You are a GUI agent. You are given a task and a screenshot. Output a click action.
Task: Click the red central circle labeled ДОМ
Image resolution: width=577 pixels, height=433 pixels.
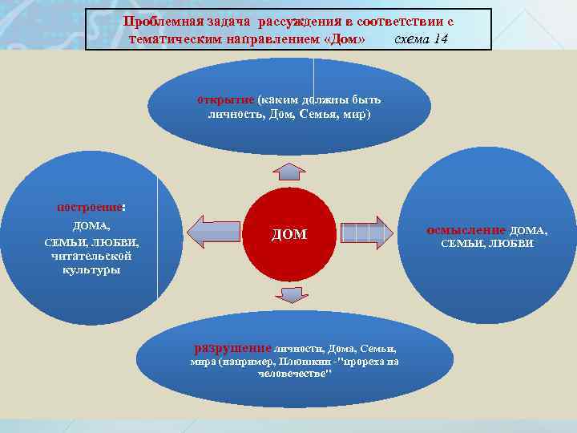[289, 233]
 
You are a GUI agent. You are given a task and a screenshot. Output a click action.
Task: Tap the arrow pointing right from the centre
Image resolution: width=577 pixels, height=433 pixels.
[366, 233]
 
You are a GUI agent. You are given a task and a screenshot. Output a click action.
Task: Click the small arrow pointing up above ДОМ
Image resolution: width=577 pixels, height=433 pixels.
[288, 171]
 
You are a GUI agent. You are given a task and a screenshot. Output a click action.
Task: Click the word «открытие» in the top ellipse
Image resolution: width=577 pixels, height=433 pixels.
[226, 100]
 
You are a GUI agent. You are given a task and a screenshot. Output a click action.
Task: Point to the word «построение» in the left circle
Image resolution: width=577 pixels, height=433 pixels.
[90, 206]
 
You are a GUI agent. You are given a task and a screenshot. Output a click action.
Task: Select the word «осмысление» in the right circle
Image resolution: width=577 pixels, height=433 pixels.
[466, 229]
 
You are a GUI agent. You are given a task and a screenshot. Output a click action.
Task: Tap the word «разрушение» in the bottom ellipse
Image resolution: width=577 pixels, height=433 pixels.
[232, 348]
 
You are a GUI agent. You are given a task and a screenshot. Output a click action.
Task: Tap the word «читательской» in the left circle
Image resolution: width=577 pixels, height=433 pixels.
[91, 257]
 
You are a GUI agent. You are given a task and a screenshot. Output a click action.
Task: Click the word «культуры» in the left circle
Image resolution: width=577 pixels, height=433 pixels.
[91, 270]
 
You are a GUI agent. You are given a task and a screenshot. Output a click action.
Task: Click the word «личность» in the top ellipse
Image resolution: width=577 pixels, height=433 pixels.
[230, 115]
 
